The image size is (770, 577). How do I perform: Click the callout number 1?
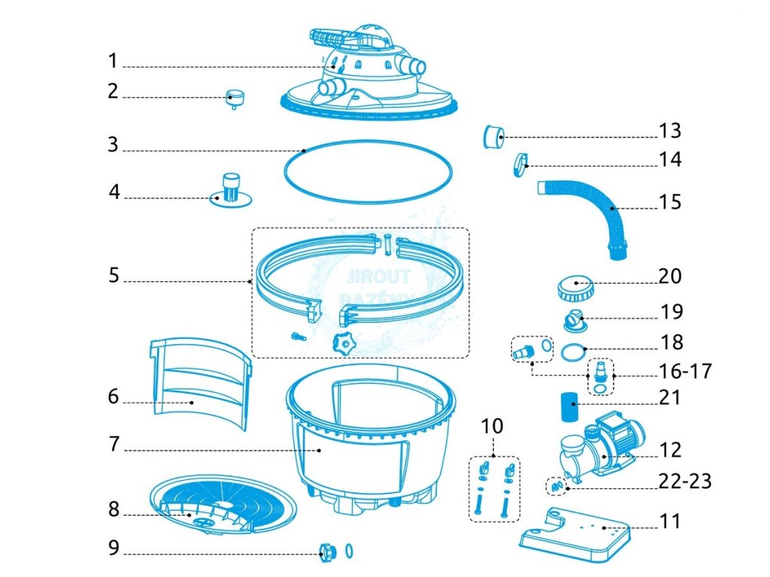(x=113, y=59)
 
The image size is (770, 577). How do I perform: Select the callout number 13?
(x=670, y=131)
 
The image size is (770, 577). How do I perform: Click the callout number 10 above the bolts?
(x=492, y=427)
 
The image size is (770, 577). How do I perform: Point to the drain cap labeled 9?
(x=328, y=554)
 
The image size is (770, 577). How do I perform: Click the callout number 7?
(x=113, y=444)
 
